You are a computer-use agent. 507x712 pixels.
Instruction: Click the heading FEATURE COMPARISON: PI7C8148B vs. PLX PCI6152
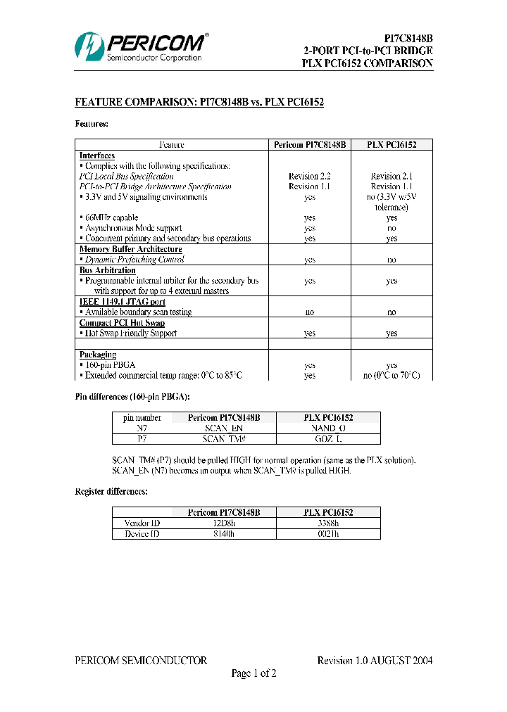point(199,103)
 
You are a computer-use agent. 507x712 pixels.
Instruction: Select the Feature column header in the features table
point(172,145)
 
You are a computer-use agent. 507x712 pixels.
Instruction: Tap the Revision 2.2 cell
point(309,176)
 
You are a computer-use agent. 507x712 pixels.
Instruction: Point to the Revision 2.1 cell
point(392,176)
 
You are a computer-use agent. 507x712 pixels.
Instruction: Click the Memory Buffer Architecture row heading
point(130,249)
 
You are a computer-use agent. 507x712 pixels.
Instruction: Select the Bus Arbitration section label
point(107,270)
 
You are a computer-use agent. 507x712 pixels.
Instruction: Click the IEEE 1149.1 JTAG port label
point(122,302)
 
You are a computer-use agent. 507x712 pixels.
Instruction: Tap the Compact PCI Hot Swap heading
point(122,323)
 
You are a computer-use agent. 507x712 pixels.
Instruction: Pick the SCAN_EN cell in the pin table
point(223,428)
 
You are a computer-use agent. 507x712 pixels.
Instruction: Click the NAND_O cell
point(328,428)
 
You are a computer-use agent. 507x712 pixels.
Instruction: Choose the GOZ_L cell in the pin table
point(328,438)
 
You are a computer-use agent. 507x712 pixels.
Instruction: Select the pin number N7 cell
point(142,428)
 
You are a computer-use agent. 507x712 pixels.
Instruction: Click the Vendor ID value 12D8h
point(223,523)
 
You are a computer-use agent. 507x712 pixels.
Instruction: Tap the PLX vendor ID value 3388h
point(328,523)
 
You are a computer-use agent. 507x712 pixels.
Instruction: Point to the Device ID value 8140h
point(223,534)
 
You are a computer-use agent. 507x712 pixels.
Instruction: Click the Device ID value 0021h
point(328,534)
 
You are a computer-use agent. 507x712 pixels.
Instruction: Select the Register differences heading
point(111,491)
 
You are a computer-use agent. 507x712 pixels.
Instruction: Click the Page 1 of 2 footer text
point(254,674)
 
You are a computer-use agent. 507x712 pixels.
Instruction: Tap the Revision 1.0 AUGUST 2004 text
point(375,661)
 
